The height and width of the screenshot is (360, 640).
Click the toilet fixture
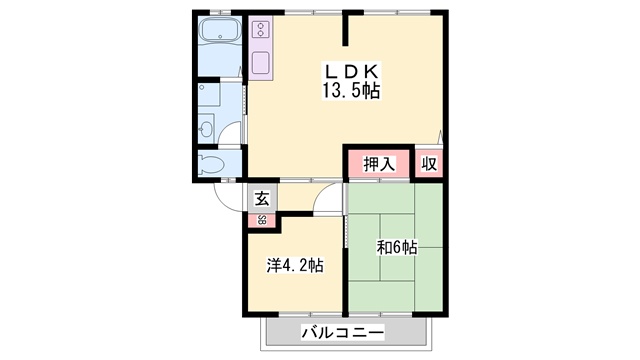tap(213, 165)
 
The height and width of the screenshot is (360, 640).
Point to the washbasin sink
tap(207, 127)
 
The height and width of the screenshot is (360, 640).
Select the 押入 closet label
tap(378, 163)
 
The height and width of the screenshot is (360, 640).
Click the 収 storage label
tap(428, 163)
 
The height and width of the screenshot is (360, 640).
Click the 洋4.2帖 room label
tap(294, 265)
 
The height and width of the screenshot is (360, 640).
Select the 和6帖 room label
tap(397, 247)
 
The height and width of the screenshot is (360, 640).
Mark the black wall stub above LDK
tap(346, 29)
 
